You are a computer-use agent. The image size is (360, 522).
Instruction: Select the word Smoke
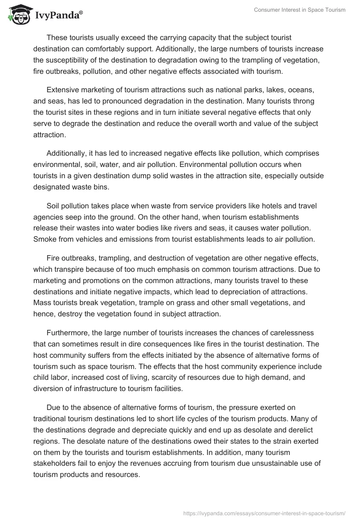coord(44,238)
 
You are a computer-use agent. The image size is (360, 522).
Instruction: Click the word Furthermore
coord(68,333)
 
